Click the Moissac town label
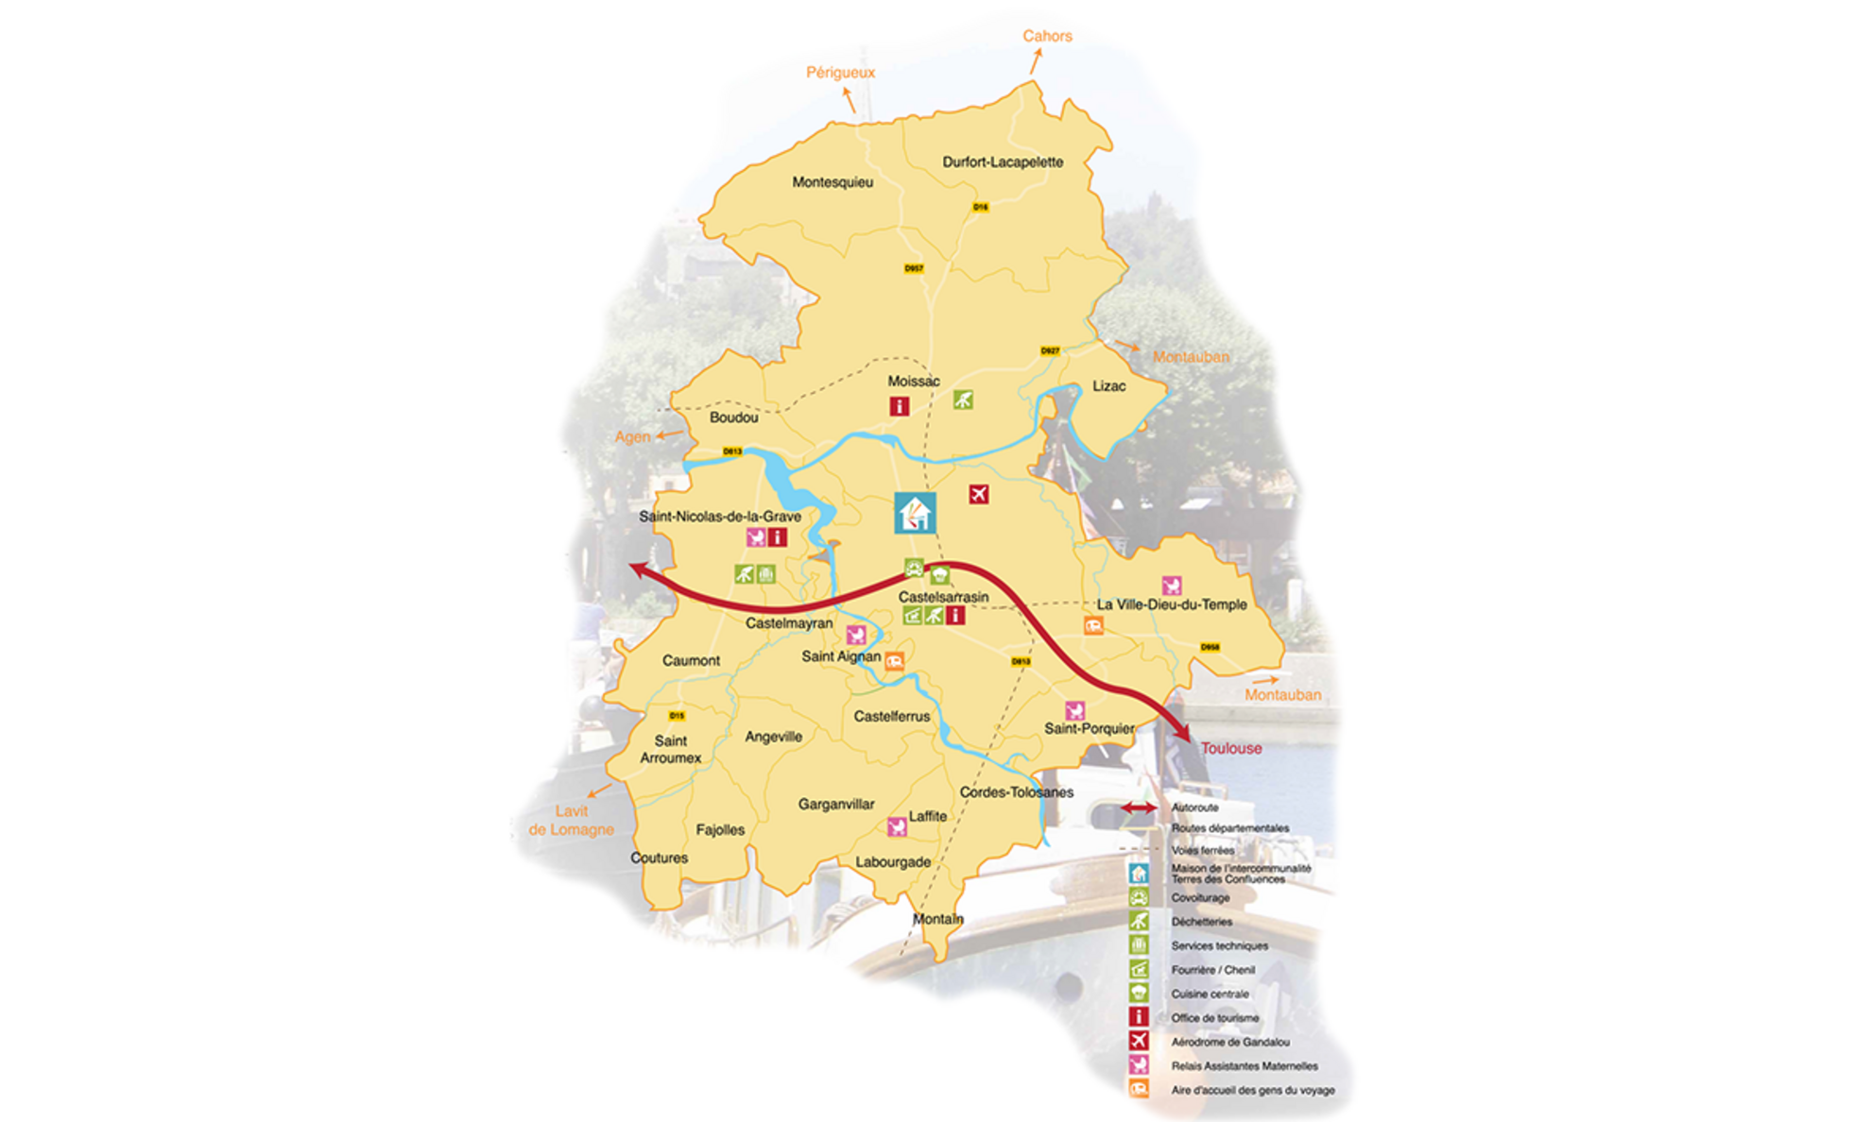coord(913,382)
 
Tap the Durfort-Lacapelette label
coord(1002,162)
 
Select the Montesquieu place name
coord(832,182)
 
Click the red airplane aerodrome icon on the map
coord(979,494)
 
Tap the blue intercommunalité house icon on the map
coord(915,514)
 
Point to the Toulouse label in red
coord(1230,748)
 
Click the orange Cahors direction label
coord(1047,36)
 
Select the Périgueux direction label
coord(840,73)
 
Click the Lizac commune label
coord(1108,386)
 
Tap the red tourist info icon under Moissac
coord(899,406)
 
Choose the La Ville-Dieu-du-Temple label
coord(1171,604)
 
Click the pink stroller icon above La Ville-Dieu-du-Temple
coord(1171,586)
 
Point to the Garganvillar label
coord(835,805)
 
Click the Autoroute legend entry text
coord(1194,807)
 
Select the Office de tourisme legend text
coord(1214,1018)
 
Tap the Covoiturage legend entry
coord(1200,898)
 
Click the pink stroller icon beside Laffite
coord(897,827)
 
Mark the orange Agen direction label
coord(632,437)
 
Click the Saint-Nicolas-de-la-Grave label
coord(719,517)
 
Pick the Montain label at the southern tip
coord(937,919)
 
